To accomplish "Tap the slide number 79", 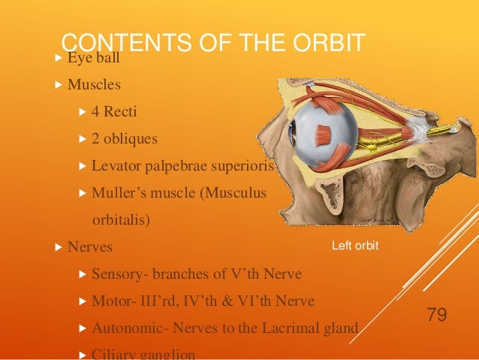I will click(436, 313).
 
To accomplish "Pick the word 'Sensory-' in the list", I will click(117, 274).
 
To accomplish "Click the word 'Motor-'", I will click(111, 301).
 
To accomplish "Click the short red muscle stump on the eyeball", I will click(321, 135).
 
